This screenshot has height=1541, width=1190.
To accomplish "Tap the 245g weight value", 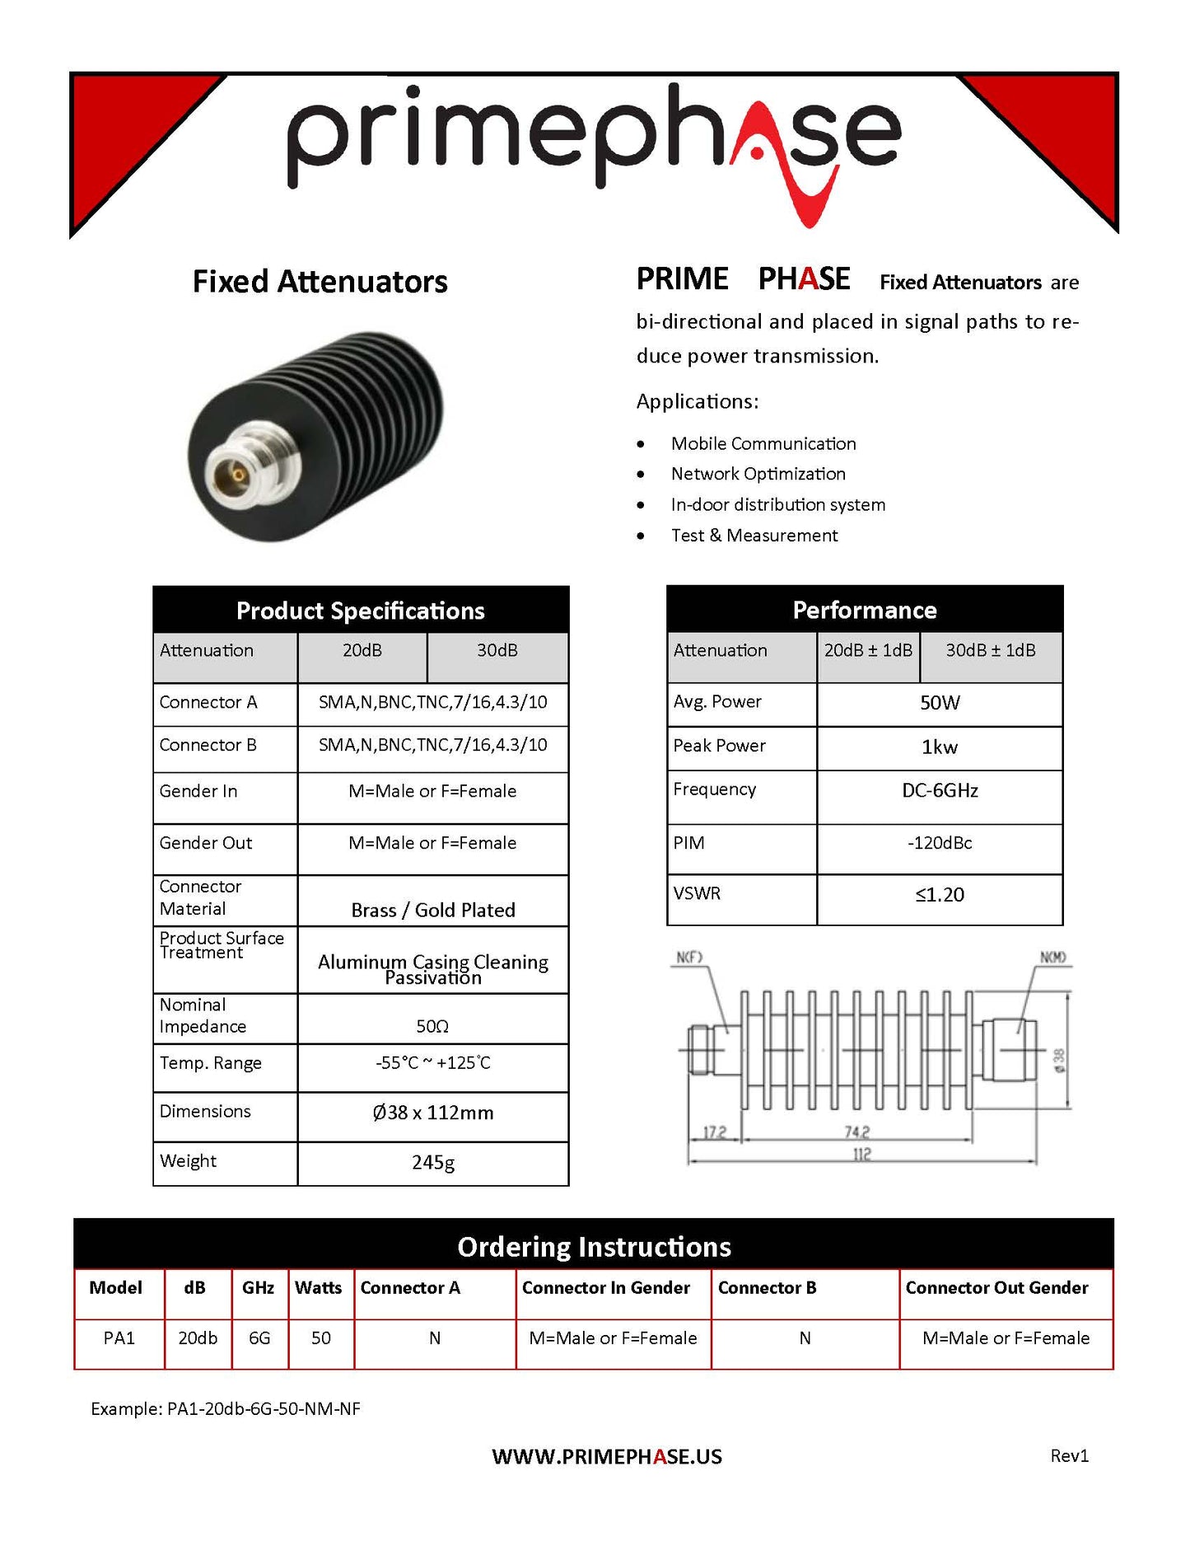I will [x=432, y=1162].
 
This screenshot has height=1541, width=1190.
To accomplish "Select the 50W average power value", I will [x=940, y=703].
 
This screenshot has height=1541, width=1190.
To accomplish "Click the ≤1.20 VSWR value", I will [x=940, y=895].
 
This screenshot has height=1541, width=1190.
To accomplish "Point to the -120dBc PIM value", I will [x=940, y=843].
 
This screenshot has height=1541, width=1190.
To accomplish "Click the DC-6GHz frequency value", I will [x=940, y=791].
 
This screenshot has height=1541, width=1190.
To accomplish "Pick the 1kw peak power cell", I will [x=940, y=747].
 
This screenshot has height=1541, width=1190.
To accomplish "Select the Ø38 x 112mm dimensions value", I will [x=432, y=1112].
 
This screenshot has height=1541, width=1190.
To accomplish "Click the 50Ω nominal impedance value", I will [x=432, y=1026].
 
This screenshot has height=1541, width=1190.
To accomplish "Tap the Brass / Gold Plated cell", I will [x=432, y=910].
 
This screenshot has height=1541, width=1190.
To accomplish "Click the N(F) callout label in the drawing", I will [x=689, y=957].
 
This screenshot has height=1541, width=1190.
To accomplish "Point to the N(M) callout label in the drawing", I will [x=1052, y=957].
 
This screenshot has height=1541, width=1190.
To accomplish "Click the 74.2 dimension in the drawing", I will [x=856, y=1132].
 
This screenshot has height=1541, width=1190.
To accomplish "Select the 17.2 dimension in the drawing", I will [x=714, y=1132].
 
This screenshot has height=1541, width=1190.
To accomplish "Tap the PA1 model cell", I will [x=119, y=1338].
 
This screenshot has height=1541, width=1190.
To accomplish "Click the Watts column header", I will [x=318, y=1288].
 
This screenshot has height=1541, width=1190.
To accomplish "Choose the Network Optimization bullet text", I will [x=758, y=474].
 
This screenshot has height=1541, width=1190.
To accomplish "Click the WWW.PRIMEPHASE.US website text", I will [x=607, y=1457].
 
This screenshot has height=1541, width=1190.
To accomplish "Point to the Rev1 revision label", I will [x=1069, y=1456].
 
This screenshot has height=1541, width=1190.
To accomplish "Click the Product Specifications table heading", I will [x=360, y=611].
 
